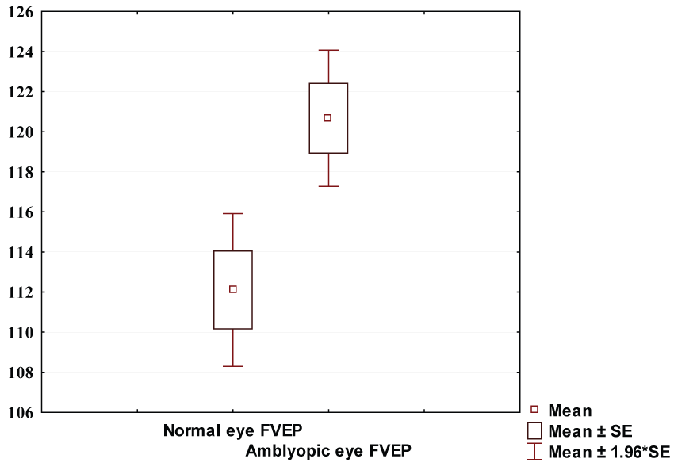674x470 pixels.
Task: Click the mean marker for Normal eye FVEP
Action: (233, 289)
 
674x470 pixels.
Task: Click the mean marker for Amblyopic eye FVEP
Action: (327, 118)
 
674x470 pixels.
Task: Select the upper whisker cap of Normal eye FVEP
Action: (233, 214)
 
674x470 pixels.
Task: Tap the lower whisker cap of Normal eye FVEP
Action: (233, 366)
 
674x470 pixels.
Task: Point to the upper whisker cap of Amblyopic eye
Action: (327, 50)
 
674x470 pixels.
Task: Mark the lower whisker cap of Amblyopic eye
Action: (327, 186)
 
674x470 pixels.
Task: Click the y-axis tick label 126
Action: (21, 12)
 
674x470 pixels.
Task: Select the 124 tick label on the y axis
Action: (21, 52)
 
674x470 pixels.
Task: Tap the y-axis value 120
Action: (21, 132)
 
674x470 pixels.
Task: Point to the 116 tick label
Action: (21, 212)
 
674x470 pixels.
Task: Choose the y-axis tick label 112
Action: (21, 292)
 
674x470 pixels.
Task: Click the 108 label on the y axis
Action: (21, 372)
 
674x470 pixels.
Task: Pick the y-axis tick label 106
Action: (21, 412)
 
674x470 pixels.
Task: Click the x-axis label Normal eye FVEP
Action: (233, 431)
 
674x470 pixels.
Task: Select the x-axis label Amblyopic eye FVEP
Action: (328, 452)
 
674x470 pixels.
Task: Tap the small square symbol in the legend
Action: (534, 410)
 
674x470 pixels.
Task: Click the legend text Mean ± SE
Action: (590, 431)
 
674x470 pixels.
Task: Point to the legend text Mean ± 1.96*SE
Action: (610, 453)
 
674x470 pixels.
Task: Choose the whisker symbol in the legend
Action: (534, 452)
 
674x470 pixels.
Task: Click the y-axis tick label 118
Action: (21, 172)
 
